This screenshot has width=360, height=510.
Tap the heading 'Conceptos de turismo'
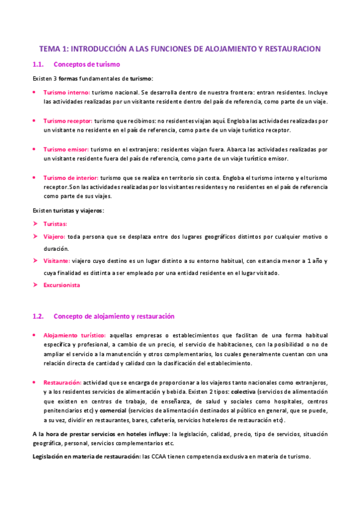click(x=87, y=64)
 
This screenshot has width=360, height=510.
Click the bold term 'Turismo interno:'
click(x=66, y=93)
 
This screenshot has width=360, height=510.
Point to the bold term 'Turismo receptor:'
click(x=69, y=121)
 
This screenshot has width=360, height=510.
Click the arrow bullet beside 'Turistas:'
click(x=35, y=224)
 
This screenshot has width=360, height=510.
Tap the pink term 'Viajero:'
click(x=55, y=236)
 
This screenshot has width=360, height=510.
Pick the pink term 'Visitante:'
click(x=56, y=261)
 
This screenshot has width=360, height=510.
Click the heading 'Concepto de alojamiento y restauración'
click(x=114, y=316)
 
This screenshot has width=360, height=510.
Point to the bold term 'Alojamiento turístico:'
click(x=75, y=335)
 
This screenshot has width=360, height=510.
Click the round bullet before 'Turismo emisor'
click(x=34, y=149)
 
